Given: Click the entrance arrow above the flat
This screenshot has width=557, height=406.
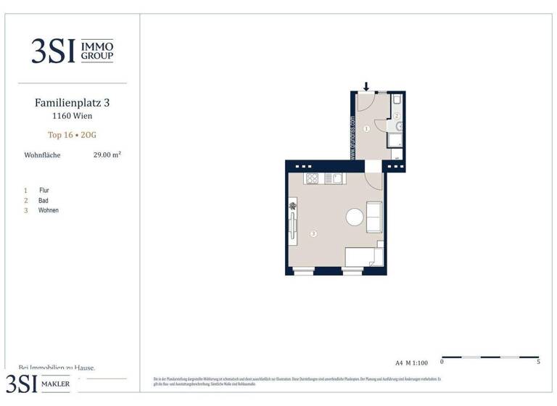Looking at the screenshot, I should [366, 87].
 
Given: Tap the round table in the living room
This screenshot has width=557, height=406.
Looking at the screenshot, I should [355, 217].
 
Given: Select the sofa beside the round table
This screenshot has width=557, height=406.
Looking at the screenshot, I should [374, 217].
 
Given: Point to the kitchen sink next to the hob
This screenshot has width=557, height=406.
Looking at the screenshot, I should [332, 178].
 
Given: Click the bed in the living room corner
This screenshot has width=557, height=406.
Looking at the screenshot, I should [362, 257].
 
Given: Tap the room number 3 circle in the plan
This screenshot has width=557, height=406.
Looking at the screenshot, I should [313, 233].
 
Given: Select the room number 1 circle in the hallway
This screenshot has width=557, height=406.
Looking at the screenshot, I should [366, 128].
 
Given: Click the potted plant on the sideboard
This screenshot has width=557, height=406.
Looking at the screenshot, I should [292, 207].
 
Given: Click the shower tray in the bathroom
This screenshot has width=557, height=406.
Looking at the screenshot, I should [396, 138].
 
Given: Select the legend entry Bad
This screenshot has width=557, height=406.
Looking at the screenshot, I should [44, 200].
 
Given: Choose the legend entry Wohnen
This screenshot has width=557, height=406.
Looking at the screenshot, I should [49, 210].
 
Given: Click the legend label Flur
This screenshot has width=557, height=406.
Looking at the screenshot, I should [44, 190].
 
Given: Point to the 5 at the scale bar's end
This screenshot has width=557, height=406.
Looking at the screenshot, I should [538, 361].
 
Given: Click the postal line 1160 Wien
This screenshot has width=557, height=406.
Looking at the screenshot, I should [72, 116].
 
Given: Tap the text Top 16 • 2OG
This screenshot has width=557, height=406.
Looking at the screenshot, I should [72, 135].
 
